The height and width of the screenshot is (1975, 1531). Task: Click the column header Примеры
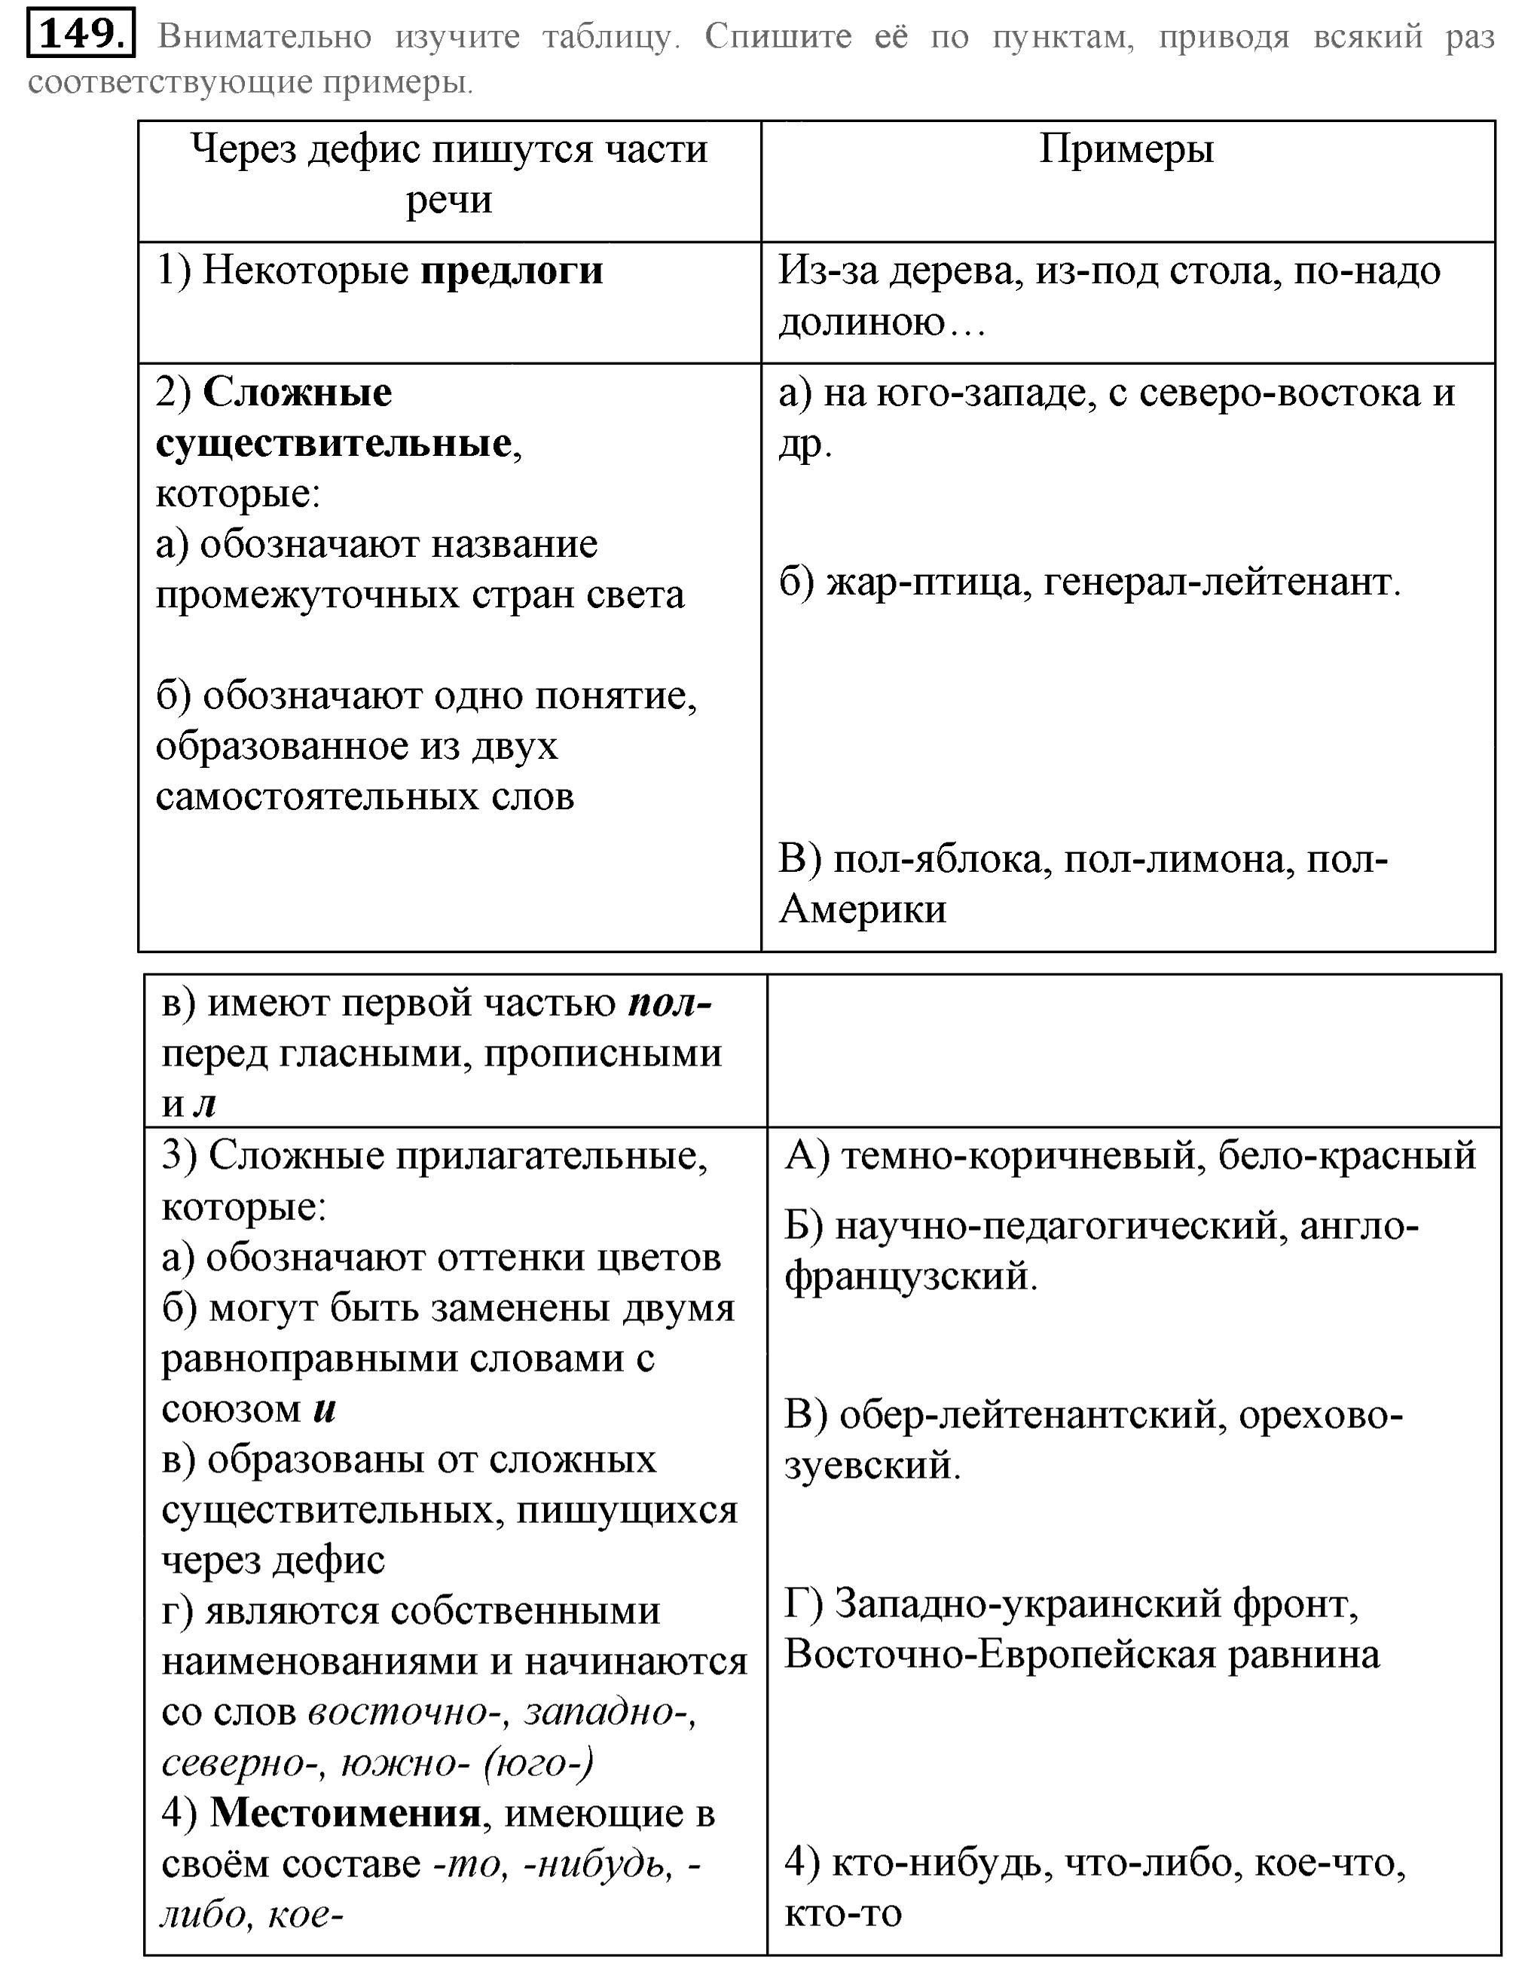pyautogui.click(x=1126, y=149)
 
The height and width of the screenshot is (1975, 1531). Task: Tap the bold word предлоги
pyautogui.click(x=512, y=271)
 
